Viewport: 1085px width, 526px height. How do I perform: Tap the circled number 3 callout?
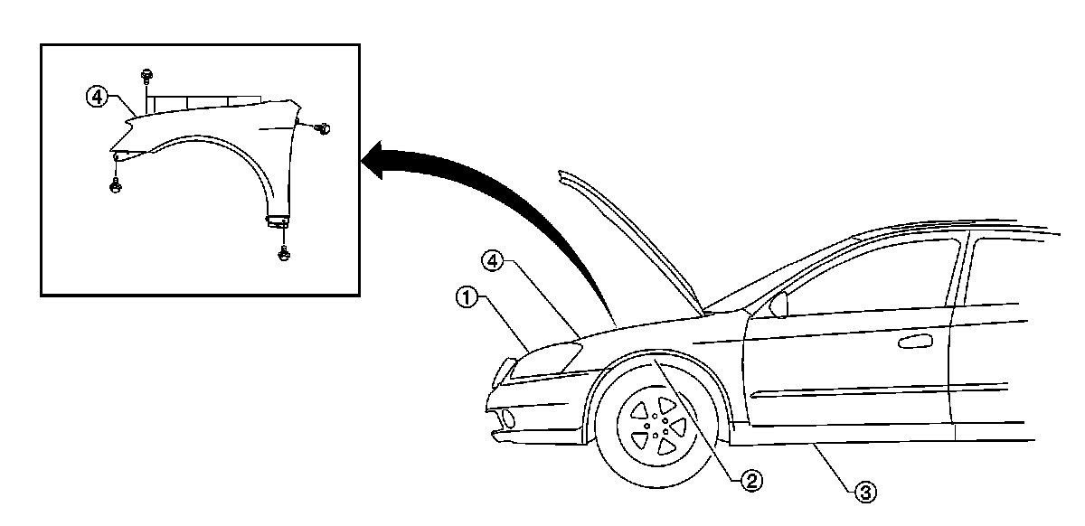point(866,492)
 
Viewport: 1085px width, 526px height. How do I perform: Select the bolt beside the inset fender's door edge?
point(324,129)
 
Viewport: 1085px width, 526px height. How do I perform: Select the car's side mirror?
point(778,305)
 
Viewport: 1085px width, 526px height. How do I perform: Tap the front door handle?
point(916,341)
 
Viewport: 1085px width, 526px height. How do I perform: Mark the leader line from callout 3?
point(832,466)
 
